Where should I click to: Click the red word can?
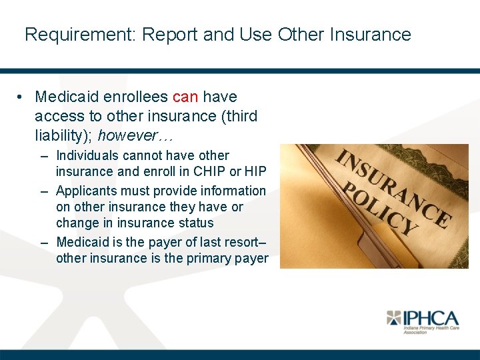pos(185,97)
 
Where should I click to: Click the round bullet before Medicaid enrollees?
pos(22,97)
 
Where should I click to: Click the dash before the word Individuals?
pos(43,156)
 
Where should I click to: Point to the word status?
pos(193,223)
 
